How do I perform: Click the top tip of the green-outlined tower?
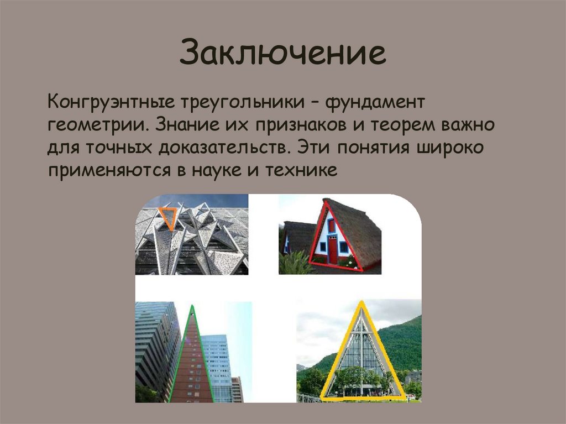[192, 306]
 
